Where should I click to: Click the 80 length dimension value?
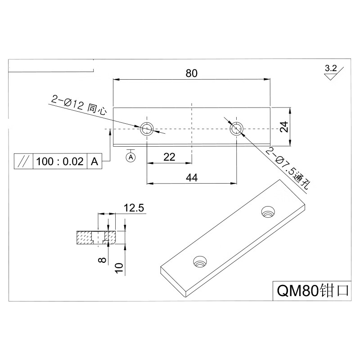click(192, 73)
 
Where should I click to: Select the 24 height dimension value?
click(284, 126)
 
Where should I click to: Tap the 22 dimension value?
click(169, 157)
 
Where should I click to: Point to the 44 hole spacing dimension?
click(192, 178)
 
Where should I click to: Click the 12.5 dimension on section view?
click(134, 208)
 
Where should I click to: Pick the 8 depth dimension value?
click(102, 260)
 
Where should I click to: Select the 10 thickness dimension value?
click(119, 268)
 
